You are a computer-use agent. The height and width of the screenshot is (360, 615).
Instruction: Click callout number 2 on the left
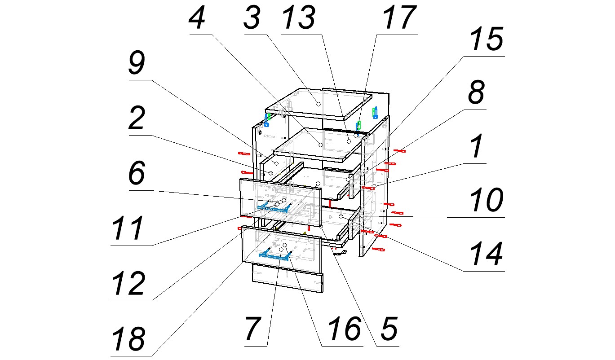[x=136, y=120]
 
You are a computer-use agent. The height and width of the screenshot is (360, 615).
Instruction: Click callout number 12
[x=129, y=283]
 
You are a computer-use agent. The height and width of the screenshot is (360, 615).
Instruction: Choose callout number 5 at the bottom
[x=388, y=329]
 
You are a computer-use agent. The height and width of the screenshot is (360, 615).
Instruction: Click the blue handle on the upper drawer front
[x=274, y=206]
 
